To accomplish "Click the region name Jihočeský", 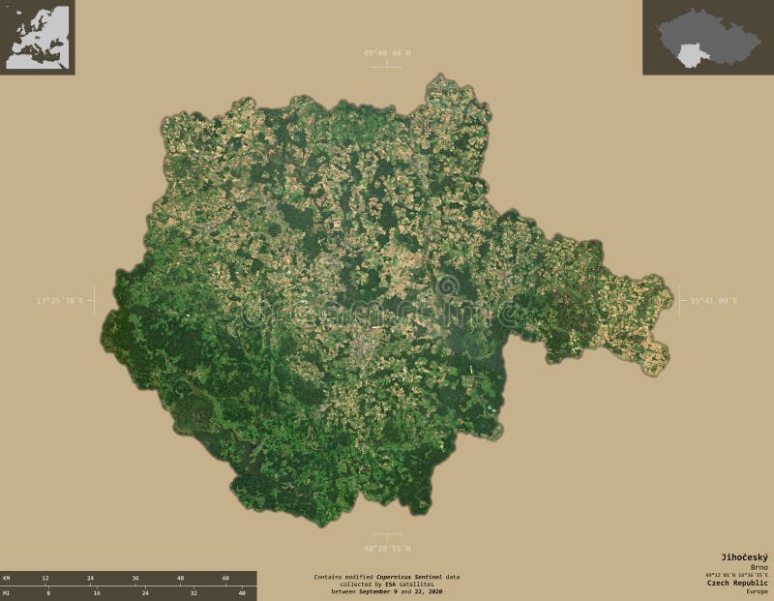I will click(x=744, y=556).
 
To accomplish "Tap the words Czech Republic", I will click(x=738, y=584).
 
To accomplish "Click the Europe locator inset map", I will click(x=37, y=37).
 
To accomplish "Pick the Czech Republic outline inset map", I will click(x=708, y=37).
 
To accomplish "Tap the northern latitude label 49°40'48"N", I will click(x=386, y=53).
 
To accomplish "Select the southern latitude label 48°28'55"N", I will click(x=386, y=548).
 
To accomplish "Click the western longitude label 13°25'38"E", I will click(x=60, y=301).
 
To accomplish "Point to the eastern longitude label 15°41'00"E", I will click(x=713, y=301).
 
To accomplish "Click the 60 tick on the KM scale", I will click(x=224, y=578).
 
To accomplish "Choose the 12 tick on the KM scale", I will click(x=45, y=578).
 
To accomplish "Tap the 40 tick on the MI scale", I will click(x=241, y=592).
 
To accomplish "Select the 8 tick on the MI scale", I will click(x=47, y=592).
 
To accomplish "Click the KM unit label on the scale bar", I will click(x=7, y=578).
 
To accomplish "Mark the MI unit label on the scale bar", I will click(x=7, y=592).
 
